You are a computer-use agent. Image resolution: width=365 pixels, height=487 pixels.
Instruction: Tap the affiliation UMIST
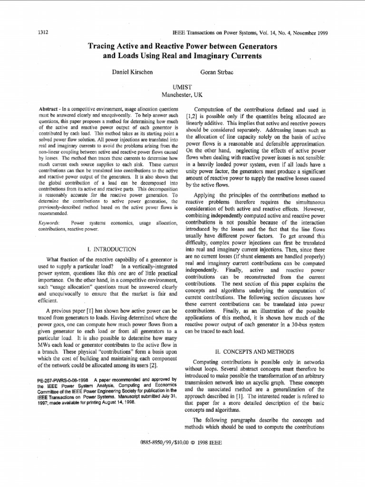182,87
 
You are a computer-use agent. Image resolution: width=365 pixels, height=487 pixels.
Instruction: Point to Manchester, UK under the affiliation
182,95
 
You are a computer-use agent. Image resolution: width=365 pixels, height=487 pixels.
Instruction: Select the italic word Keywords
48,223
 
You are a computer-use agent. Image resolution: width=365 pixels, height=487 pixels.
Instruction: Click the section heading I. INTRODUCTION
112,249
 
